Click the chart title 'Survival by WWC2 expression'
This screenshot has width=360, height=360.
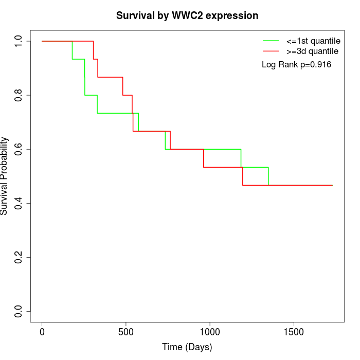(x=187, y=15)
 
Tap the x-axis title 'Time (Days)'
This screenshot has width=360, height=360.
(x=187, y=347)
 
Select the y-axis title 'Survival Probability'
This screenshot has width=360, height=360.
(x=5, y=176)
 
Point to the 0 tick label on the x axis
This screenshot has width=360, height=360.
(x=42, y=332)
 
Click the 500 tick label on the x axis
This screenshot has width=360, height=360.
(x=126, y=332)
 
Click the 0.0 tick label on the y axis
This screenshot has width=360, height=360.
(x=19, y=311)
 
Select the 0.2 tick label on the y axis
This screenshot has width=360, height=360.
(x=19, y=257)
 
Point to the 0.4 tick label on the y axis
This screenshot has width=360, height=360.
(x=19, y=203)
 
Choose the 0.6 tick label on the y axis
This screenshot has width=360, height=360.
(x=19, y=149)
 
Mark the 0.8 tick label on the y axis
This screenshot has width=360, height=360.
(x=19, y=95)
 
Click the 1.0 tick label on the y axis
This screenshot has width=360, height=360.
(x=19, y=41)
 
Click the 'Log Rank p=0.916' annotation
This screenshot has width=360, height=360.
(x=296, y=65)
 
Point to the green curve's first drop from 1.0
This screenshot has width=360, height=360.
(x=72, y=50)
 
